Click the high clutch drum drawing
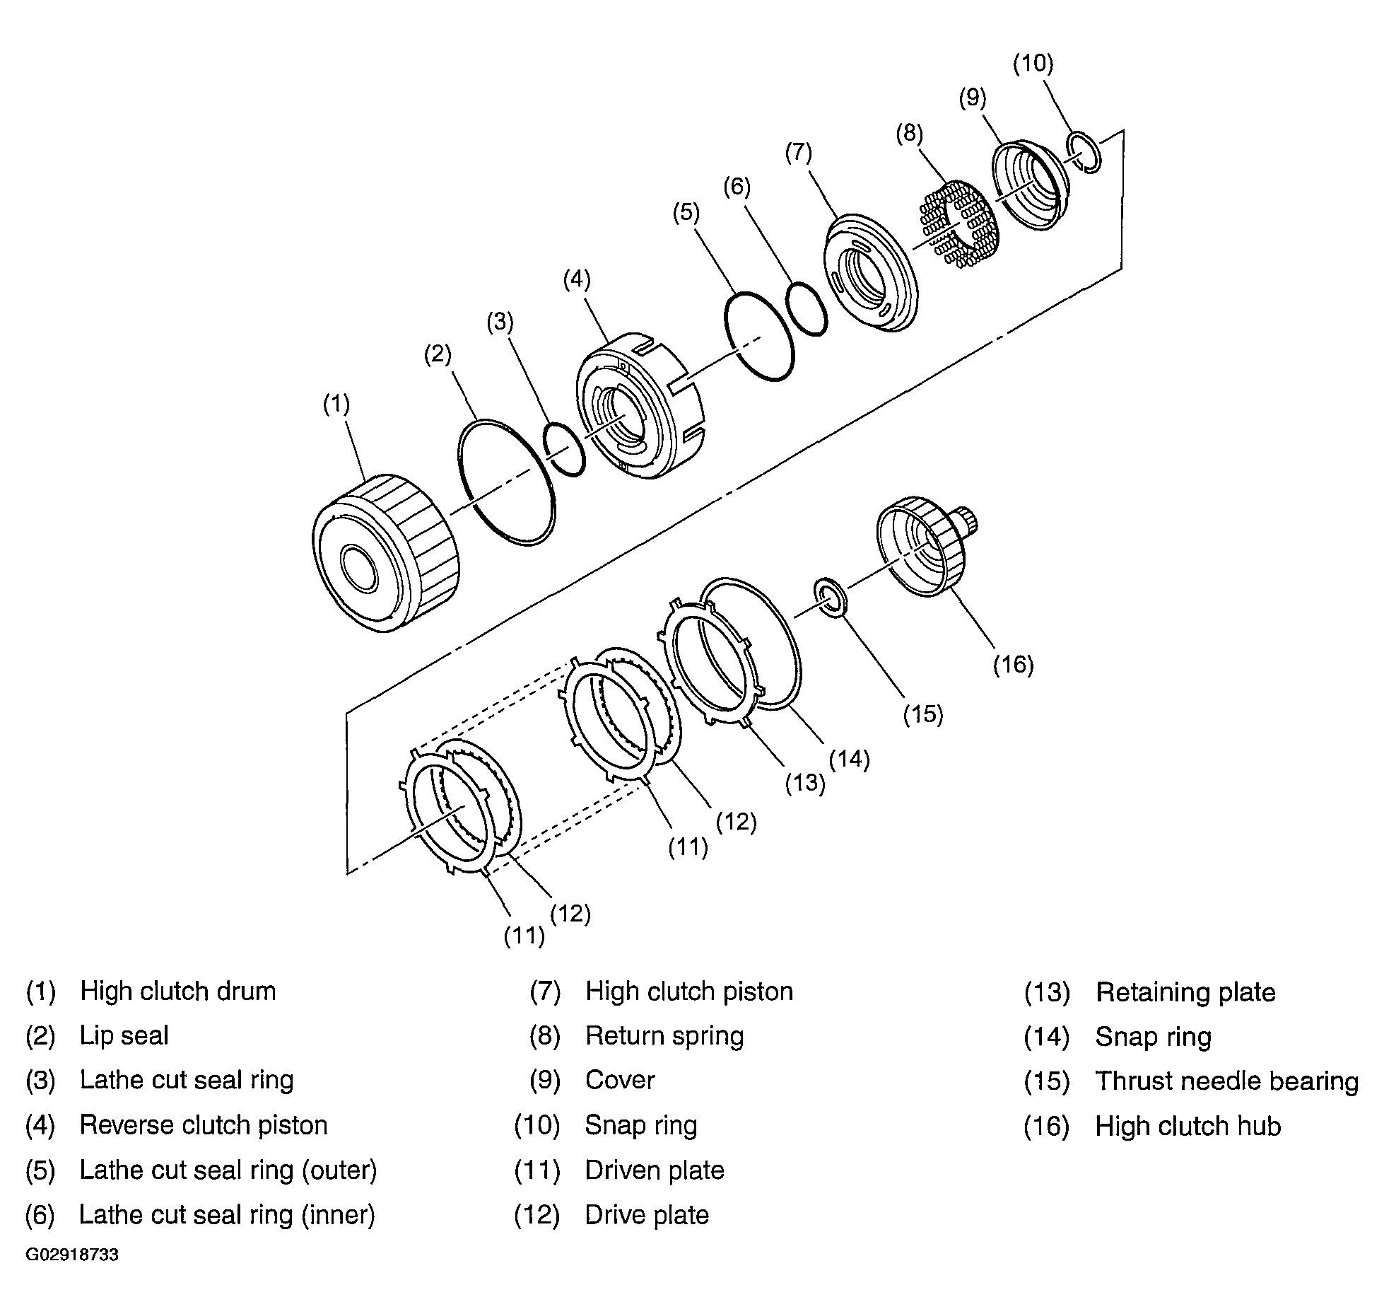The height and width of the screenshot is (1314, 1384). [x=385, y=553]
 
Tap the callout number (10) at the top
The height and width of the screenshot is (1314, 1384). [x=1033, y=64]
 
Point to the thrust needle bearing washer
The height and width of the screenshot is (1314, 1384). [x=831, y=598]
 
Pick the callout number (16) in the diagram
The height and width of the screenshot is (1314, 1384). [x=1014, y=665]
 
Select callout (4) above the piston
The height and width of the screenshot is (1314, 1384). [x=577, y=279]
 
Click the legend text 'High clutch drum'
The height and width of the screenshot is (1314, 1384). [x=177, y=991]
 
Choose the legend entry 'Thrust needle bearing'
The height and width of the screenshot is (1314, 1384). [x=1226, y=1081]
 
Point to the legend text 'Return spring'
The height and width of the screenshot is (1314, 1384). [x=664, y=1036]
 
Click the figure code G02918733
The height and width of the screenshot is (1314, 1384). [x=72, y=1255]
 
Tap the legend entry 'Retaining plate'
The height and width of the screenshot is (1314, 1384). [x=1185, y=992]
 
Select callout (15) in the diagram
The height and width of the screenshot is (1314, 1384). [x=923, y=714]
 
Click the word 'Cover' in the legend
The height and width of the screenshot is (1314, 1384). [x=620, y=1081]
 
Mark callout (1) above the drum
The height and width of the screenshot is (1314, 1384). [x=336, y=404]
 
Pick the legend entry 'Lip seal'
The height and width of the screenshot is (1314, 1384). [x=124, y=1036]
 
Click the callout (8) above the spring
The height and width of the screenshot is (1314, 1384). [x=909, y=133]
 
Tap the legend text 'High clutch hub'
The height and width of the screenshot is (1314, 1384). [x=1187, y=1126]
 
